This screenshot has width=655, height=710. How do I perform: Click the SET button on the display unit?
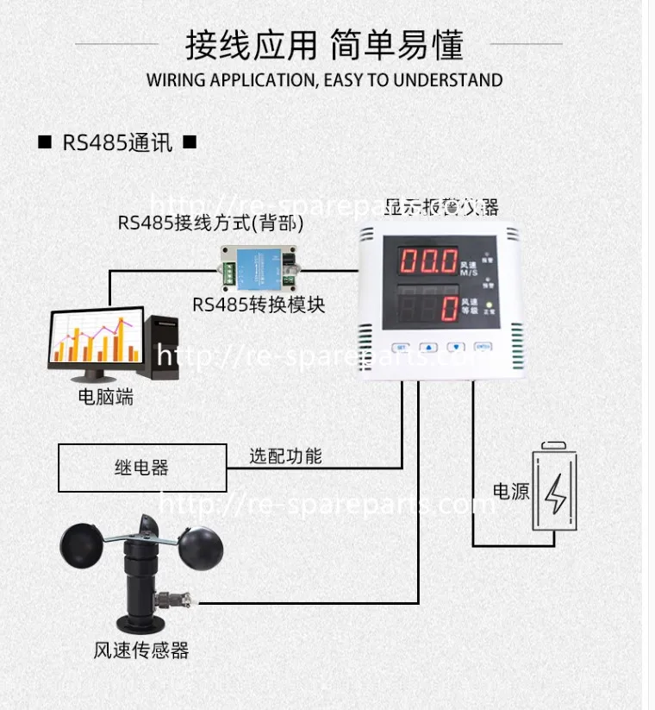(400, 347)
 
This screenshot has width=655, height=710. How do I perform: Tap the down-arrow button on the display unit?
(457, 347)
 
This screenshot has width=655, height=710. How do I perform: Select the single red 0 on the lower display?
(448, 308)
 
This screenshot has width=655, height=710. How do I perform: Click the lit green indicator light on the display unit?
(489, 305)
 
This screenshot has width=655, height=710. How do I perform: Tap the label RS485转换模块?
(259, 305)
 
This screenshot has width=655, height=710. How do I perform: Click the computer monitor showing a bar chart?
(95, 342)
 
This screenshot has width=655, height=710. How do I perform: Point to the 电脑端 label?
(106, 398)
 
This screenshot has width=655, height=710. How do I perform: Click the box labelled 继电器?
(142, 468)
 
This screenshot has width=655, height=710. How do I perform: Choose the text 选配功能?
(285, 456)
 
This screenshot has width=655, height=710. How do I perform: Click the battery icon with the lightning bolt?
(555, 488)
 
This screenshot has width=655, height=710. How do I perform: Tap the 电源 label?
(510, 492)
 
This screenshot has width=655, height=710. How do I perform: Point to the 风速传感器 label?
(140, 650)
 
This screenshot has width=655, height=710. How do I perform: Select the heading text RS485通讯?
(117, 142)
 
